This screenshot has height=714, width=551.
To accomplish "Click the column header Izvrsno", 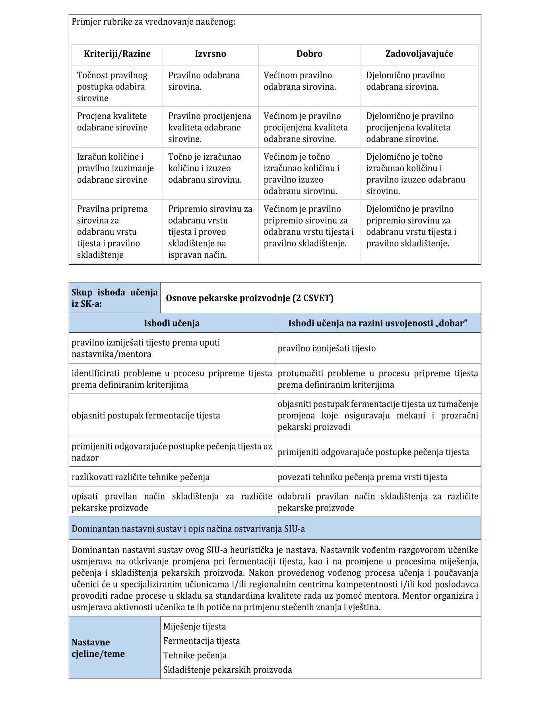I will [210, 54].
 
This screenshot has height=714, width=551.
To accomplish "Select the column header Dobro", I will [309, 54].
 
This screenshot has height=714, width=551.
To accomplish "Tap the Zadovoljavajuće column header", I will [419, 54].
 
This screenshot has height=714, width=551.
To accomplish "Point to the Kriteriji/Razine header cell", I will [117, 54].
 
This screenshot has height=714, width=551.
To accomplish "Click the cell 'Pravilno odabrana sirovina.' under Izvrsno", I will [204, 81].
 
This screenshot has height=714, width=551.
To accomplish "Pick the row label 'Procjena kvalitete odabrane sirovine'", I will [112, 122].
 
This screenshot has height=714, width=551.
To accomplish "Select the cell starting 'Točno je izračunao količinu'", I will [205, 168].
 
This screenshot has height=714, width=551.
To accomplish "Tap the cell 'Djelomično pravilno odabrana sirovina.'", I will [405, 81].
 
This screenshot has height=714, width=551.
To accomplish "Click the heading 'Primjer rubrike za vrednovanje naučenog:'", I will [153, 22].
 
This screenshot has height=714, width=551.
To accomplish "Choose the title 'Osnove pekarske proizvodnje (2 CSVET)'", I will [249, 298].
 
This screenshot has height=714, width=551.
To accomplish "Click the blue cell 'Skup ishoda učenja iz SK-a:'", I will [114, 298].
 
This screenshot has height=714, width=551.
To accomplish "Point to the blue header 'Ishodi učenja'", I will [172, 323].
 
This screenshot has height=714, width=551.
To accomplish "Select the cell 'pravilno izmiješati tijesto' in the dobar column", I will [326, 348].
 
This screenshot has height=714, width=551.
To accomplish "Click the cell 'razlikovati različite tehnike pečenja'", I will [141, 477].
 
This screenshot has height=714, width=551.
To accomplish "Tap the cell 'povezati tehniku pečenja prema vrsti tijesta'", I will [362, 477].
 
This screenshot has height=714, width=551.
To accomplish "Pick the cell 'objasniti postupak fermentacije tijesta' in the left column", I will [146, 416].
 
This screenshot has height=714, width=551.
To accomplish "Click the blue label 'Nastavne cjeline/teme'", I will [98, 648].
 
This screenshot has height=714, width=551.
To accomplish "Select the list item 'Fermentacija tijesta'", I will [202, 641].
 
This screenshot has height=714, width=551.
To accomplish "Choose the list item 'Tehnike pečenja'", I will [195, 656].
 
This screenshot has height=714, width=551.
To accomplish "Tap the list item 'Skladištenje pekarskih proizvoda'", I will [227, 670].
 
